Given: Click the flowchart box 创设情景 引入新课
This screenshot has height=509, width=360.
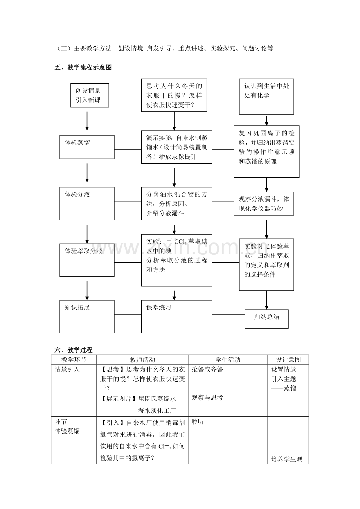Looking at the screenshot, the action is (90, 95).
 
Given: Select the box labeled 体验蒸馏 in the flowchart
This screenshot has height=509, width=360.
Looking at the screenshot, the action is (87, 147).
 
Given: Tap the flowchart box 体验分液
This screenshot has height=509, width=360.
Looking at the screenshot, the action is (87, 204).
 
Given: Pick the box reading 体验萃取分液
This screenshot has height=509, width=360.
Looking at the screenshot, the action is (87, 260).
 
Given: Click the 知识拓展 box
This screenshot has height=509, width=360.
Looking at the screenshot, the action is (87, 317).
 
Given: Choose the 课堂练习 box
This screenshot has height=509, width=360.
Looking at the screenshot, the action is (177, 317).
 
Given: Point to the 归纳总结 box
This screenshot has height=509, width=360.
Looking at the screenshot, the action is (266, 319).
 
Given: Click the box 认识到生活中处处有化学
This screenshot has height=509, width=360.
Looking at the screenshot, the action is (266, 96).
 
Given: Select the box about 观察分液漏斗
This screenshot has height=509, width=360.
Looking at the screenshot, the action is (264, 204).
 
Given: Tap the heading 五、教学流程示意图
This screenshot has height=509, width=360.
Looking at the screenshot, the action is (83, 67).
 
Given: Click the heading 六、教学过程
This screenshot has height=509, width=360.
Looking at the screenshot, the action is (74, 350).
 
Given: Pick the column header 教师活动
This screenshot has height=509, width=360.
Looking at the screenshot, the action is (142, 360).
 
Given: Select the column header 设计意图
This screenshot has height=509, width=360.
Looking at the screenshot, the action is (288, 360).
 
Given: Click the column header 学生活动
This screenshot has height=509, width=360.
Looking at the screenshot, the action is (228, 360).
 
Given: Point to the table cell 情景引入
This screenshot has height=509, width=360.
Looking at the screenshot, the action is (67, 369).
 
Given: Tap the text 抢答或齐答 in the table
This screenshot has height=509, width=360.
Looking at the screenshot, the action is (207, 369).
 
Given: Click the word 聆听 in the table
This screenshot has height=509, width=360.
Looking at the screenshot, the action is (198, 422).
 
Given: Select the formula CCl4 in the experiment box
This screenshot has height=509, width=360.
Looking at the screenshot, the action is (180, 242).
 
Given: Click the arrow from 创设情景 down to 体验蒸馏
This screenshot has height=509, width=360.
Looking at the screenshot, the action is (87, 121).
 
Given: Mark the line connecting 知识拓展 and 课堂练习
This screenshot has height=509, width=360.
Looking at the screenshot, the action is (128, 314).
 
